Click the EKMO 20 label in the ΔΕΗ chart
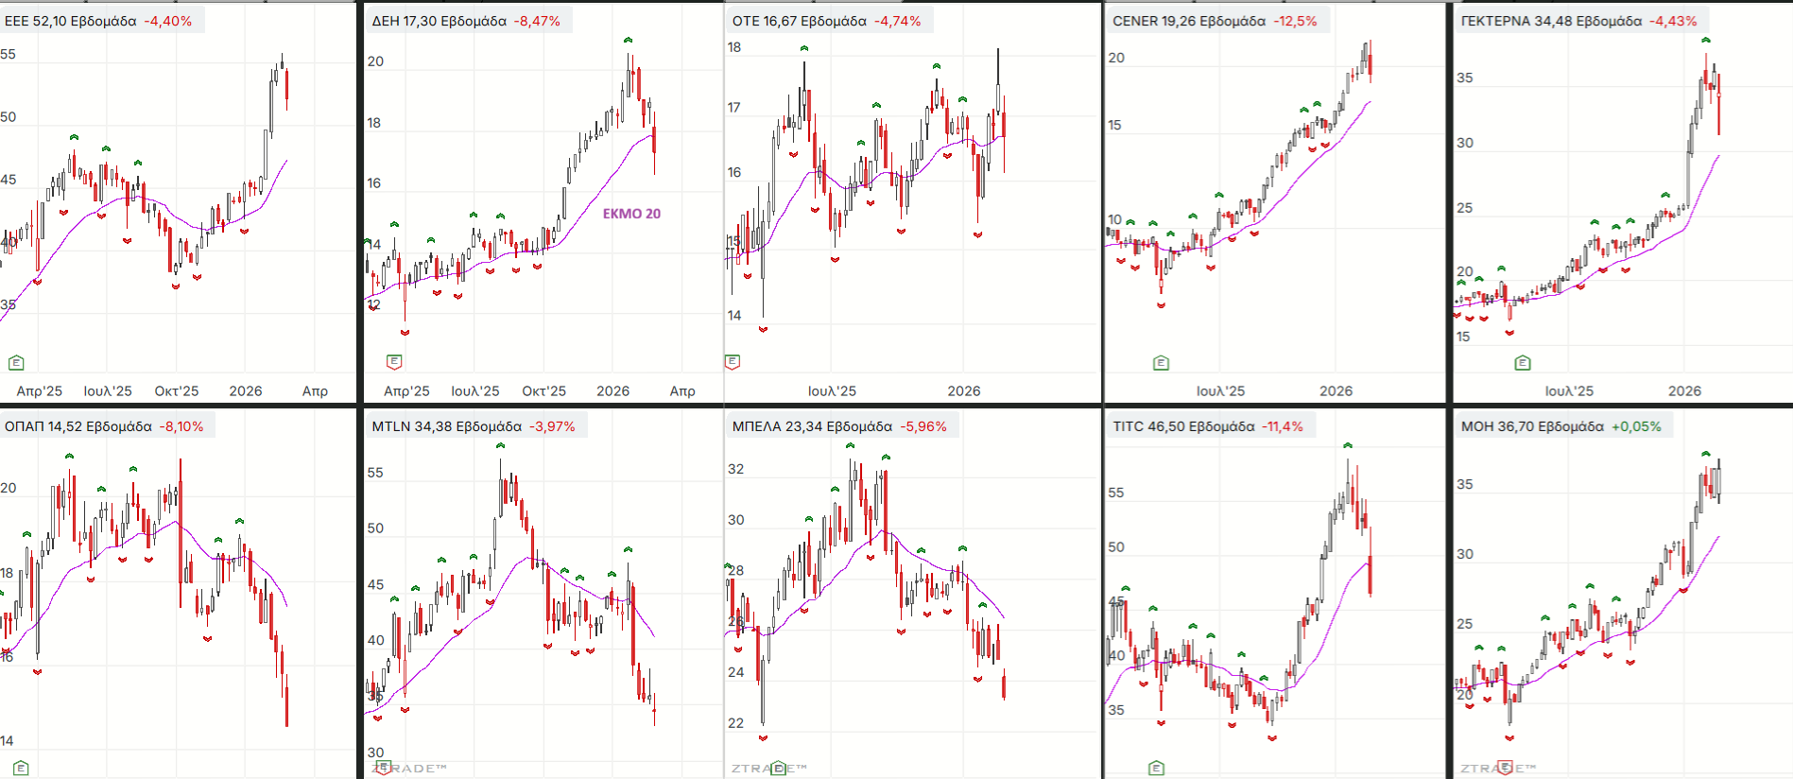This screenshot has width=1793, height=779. [631, 214]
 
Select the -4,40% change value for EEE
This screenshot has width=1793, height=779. [168, 21]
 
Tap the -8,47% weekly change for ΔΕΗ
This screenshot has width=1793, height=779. [537, 21]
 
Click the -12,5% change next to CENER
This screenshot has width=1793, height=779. [1295, 21]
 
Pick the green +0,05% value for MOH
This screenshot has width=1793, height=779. [1636, 426]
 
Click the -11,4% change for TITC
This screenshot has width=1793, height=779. [1282, 426]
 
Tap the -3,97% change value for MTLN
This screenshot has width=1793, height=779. [552, 426]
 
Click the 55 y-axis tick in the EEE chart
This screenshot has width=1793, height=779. [9, 54]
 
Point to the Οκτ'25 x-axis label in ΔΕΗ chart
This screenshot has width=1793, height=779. [543, 390]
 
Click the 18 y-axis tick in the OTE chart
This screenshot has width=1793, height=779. [734, 47]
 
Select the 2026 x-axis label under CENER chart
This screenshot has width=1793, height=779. [1336, 390]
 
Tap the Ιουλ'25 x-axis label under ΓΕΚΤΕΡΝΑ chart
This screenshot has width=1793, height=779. [1569, 390]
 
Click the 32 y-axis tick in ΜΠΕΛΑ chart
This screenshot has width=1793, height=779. [736, 469]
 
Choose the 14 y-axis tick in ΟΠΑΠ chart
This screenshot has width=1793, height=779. [8, 741]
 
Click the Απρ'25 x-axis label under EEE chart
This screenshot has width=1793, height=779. [40, 390]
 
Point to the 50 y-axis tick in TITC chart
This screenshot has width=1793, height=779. [1116, 546]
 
